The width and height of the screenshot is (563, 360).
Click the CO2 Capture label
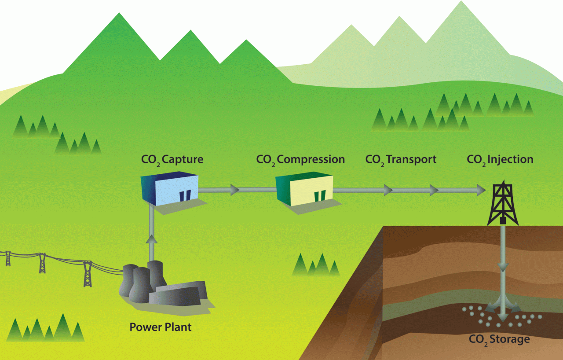(172, 159)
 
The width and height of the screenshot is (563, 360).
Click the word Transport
(411, 159)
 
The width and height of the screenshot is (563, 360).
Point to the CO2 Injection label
(500, 159)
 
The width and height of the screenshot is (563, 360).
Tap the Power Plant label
(161, 327)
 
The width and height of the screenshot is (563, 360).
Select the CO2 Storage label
(499, 339)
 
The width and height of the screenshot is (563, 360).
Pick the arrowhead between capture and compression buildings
(234, 190)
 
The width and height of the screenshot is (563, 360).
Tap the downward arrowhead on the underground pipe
(503, 267)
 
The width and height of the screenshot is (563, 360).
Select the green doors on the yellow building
(320, 195)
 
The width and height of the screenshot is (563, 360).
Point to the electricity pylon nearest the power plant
(88, 273)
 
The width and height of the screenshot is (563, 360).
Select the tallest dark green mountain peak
(119, 22)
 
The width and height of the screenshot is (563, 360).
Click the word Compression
(311, 159)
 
